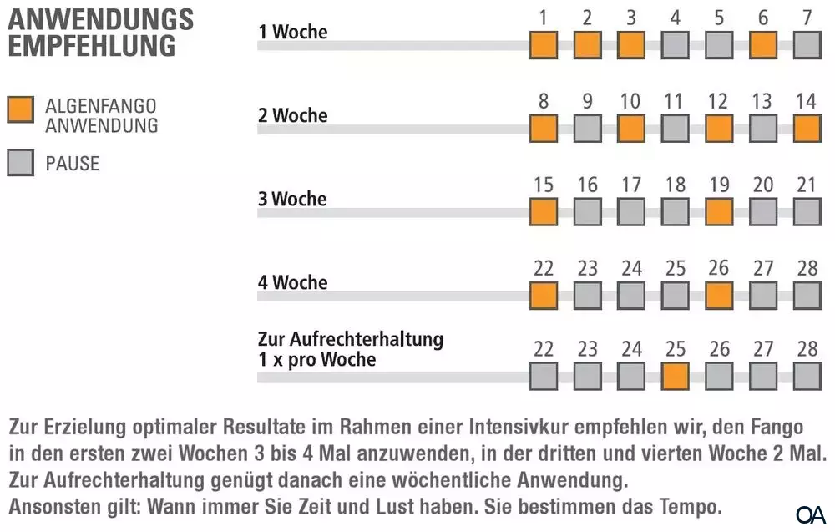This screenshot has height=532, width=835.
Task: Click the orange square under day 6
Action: pos(763,45)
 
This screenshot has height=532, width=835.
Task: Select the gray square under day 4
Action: pos(676,45)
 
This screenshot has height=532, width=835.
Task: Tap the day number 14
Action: pos(807,102)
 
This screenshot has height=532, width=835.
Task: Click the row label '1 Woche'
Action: pos(292,33)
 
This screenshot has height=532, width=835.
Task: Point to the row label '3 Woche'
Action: pos(292,200)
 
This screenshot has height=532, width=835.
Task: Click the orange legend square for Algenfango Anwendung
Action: pos(20,109)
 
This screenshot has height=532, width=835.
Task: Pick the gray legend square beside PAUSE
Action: pos(20,162)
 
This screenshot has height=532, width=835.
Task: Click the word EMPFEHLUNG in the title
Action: pos(92,45)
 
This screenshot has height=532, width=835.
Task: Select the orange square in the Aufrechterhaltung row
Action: pos(676,377)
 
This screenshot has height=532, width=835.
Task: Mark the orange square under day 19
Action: pos(719,212)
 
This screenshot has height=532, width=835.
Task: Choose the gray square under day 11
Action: pos(676,129)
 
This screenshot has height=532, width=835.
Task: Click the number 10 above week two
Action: pos(631,102)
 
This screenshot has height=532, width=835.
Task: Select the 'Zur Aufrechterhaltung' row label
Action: pos(350,340)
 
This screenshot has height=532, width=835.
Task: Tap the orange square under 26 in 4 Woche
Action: pos(719,295)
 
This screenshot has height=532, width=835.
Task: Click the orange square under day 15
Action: pos(544,212)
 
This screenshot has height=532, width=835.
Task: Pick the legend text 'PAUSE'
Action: pos(72,163)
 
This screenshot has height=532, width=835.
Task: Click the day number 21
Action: pos(807,185)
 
